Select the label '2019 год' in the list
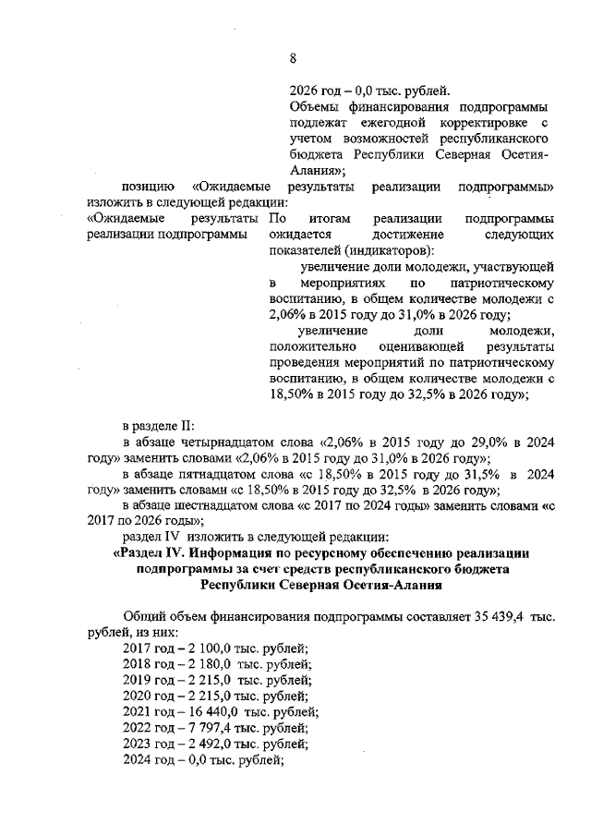click(x=148, y=680)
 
